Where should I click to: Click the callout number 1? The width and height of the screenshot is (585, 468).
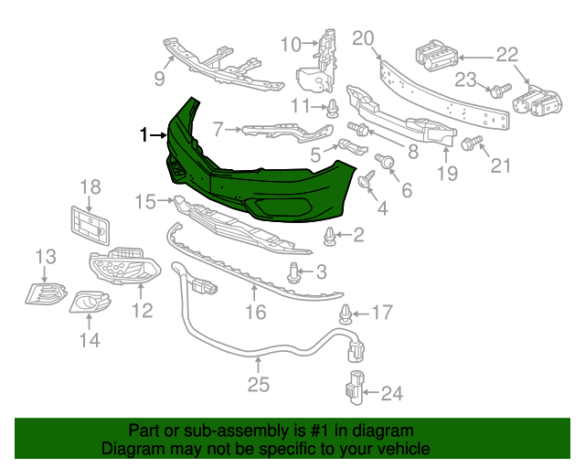point(144,136)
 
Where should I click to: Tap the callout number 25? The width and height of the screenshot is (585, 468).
point(259,385)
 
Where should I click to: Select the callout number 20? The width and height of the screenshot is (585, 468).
point(363,38)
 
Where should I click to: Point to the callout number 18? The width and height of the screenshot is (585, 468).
point(89,188)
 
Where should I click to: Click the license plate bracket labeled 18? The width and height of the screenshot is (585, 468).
point(90,223)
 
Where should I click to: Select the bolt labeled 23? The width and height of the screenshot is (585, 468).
point(498,90)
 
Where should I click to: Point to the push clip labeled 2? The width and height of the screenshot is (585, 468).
point(329,238)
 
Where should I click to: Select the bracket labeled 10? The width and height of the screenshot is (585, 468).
point(317,64)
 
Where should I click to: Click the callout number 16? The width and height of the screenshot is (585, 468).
point(255,313)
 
